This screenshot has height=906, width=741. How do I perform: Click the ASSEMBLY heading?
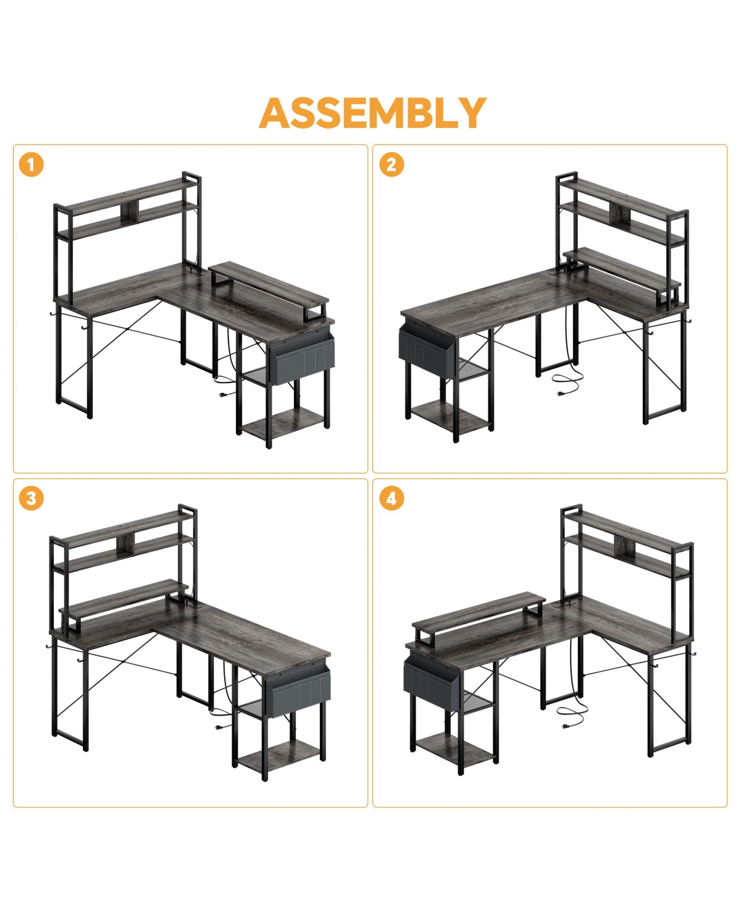[372, 113]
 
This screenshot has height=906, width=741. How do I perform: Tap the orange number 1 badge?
[31, 165]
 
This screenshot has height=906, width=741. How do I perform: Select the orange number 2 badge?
[391, 165]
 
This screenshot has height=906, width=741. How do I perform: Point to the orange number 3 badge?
[31, 498]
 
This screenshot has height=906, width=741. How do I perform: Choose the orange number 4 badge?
[391, 498]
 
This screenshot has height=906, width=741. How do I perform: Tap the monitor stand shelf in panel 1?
[269, 282]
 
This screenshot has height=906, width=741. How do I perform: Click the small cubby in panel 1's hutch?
[128, 212]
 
